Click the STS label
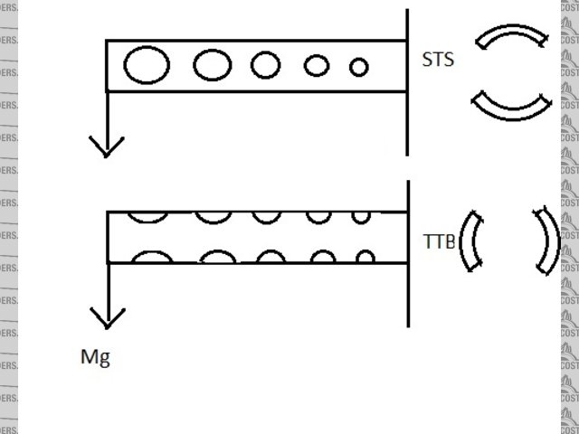point(438,61)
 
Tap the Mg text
point(95,357)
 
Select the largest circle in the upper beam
point(146,65)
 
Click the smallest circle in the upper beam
point(359,66)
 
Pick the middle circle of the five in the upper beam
point(266,65)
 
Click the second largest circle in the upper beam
point(213,65)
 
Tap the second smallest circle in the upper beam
point(316,65)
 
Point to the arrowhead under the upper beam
point(107,145)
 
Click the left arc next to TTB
point(468,241)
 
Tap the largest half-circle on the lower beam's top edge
point(147,216)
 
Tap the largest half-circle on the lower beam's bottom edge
point(152,258)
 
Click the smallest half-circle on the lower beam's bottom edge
point(365,258)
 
